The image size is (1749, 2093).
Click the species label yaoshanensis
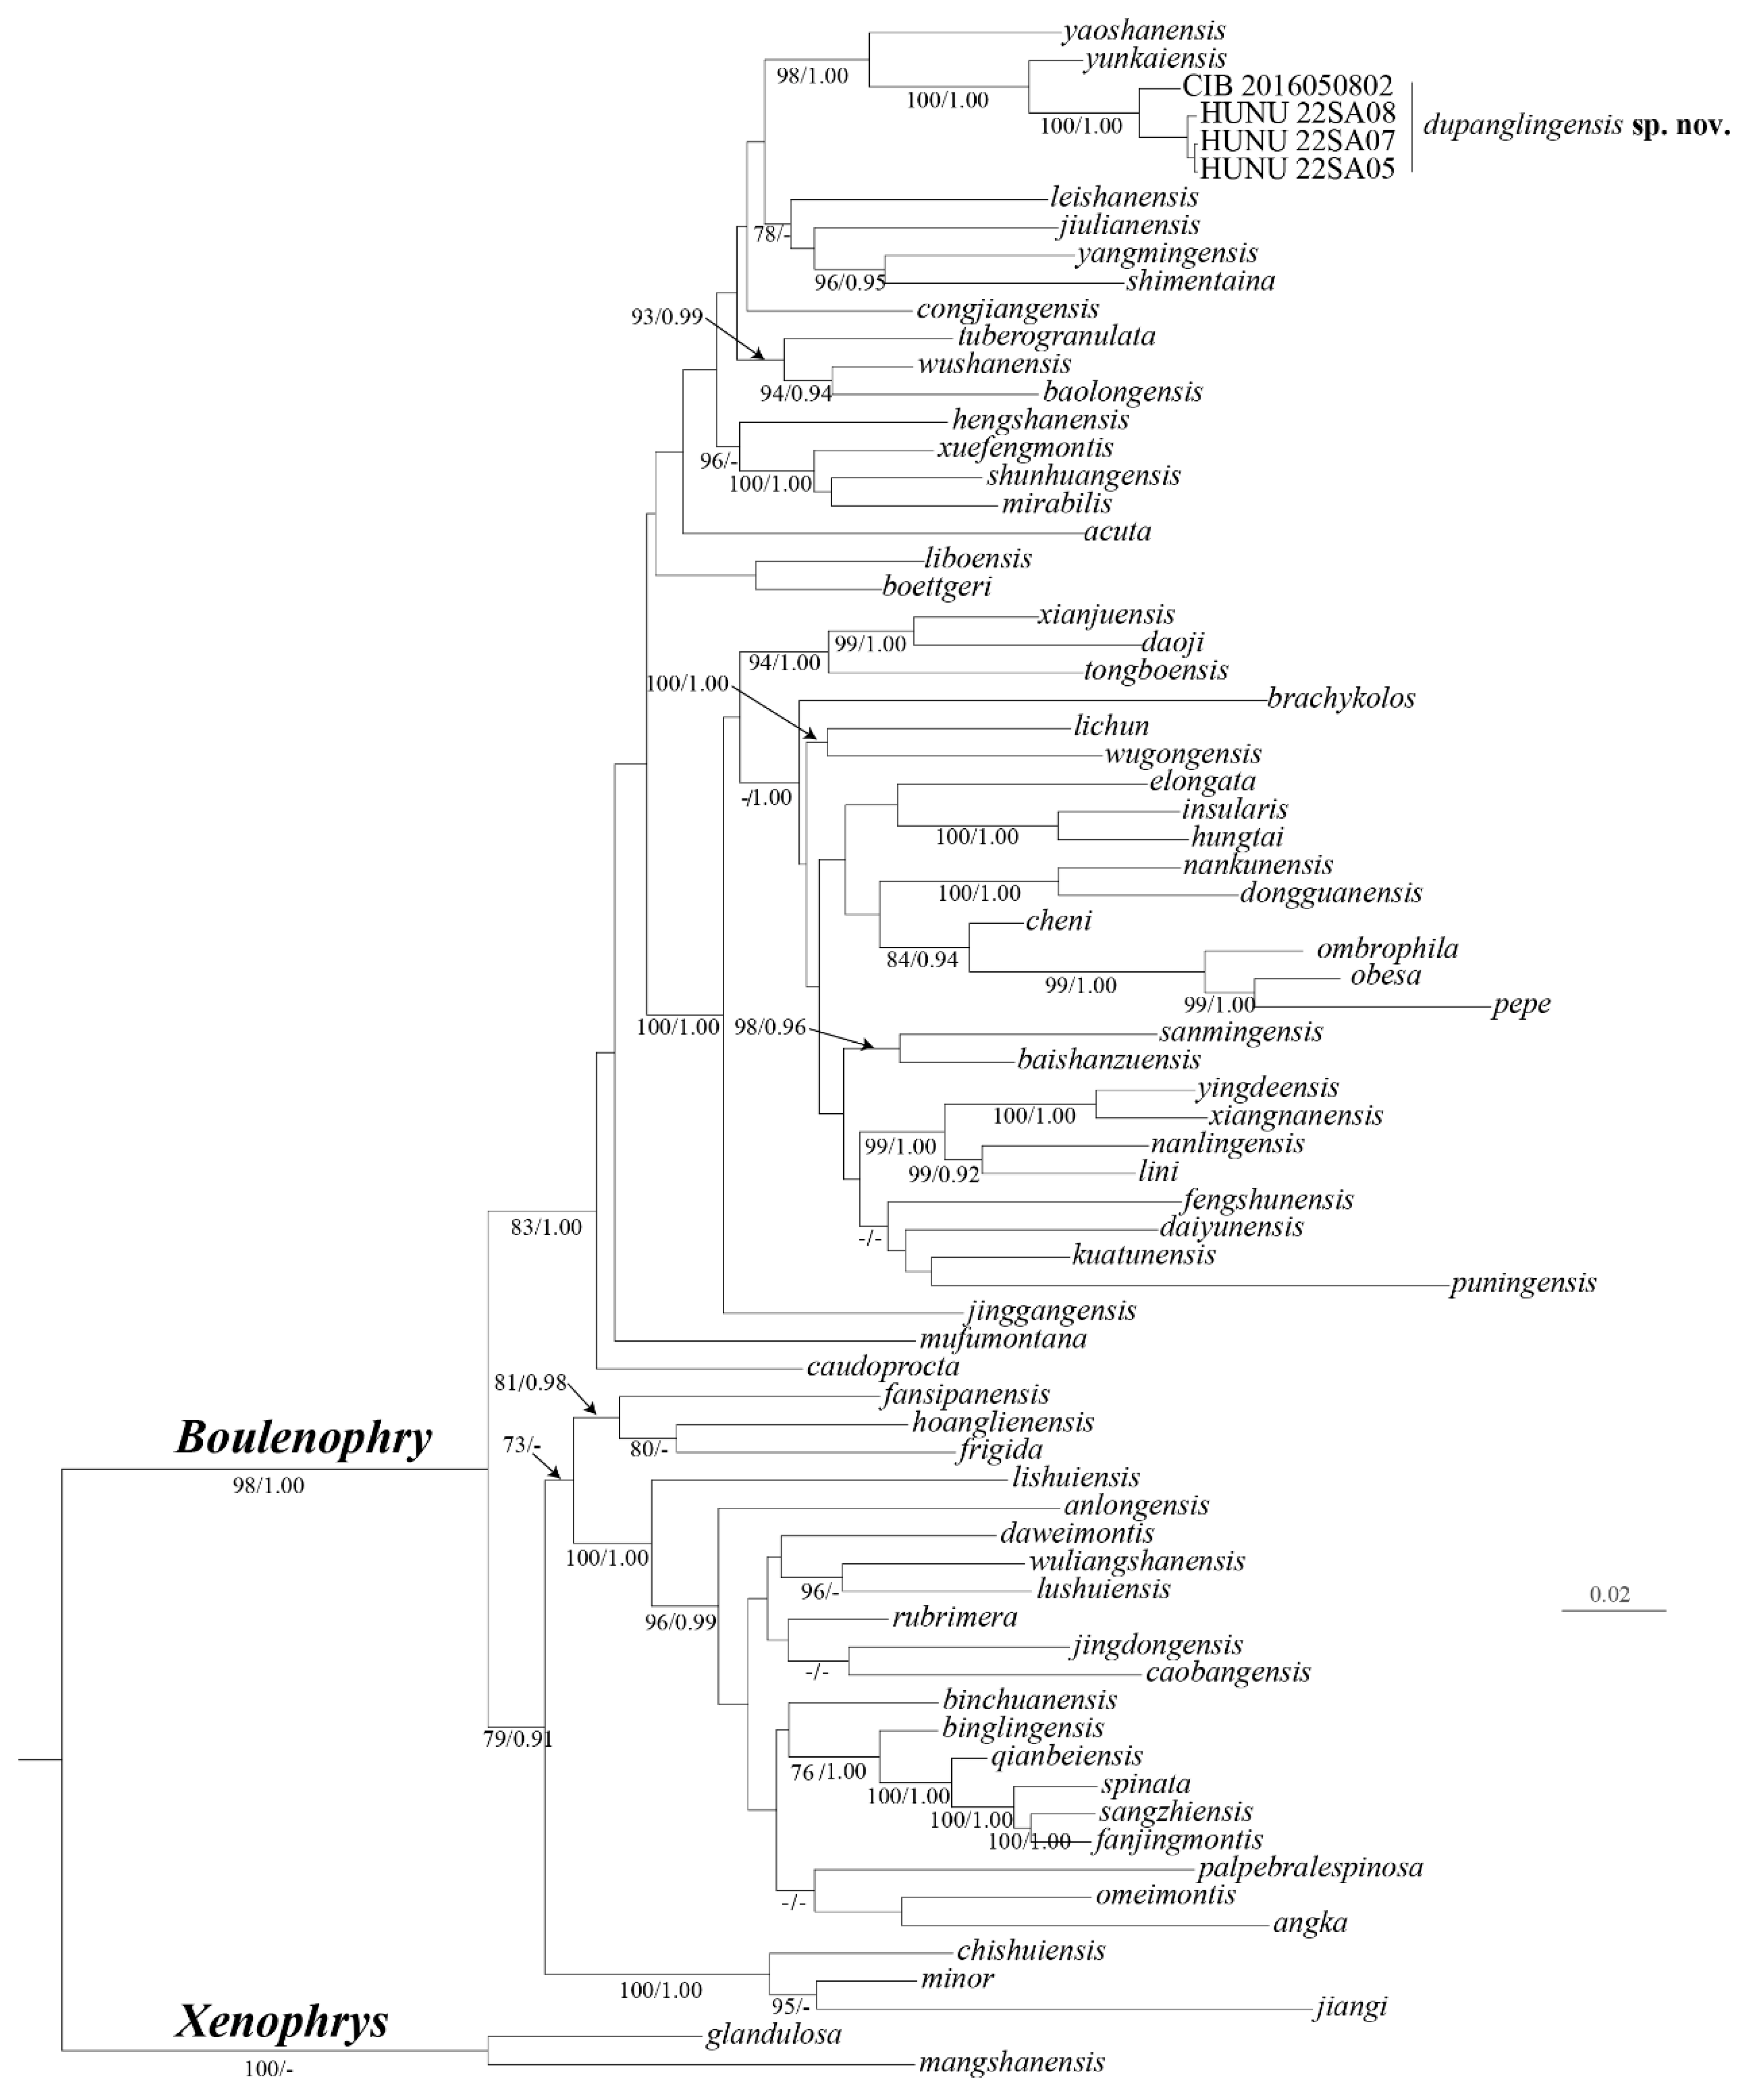point(1144,31)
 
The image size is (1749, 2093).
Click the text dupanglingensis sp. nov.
point(1576,126)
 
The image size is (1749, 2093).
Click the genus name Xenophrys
point(281,2022)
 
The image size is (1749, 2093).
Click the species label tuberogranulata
point(1056,336)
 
